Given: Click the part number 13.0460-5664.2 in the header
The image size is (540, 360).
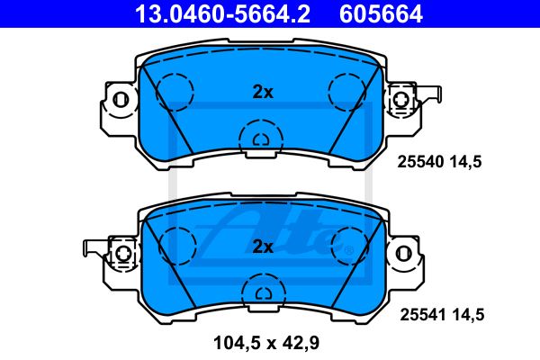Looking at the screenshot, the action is point(222,13).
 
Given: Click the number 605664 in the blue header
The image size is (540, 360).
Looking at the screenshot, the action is point(381,13).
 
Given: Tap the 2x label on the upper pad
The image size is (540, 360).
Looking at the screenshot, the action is point(263,92).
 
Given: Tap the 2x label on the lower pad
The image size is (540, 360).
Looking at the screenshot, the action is point(263,247).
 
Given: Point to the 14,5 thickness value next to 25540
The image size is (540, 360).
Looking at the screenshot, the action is point(464,162).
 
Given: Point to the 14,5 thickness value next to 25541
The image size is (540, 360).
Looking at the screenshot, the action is point(467,315).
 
